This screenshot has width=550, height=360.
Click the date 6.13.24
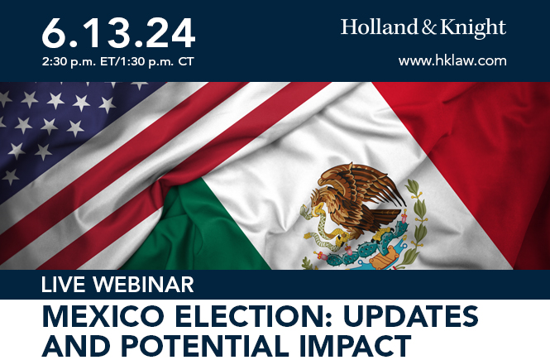(x=118, y=32)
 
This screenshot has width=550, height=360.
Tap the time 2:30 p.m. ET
(x=79, y=62)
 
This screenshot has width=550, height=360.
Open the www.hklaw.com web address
(x=452, y=60)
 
